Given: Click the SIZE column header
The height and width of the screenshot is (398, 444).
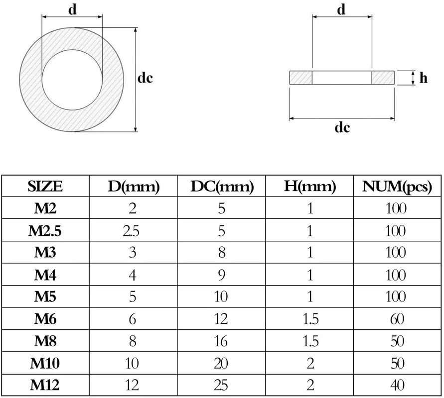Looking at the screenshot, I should pyautogui.click(x=45, y=187).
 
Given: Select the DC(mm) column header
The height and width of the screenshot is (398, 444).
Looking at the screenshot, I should pyautogui.click(x=222, y=187).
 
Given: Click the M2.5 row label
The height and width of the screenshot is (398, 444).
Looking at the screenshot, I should pyautogui.click(x=46, y=231).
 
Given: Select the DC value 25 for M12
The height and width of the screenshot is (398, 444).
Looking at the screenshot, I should pyautogui.click(x=221, y=384).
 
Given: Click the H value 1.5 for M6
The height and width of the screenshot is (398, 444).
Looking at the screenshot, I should pyautogui.click(x=310, y=319).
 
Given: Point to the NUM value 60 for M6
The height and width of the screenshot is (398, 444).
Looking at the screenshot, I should pyautogui.click(x=397, y=319).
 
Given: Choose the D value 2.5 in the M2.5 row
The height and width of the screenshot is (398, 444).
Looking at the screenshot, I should pyautogui.click(x=133, y=231).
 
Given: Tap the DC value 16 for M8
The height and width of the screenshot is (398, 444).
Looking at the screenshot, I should pyautogui.click(x=221, y=341).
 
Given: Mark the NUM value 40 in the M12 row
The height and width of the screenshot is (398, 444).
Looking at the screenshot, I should pyautogui.click(x=397, y=384).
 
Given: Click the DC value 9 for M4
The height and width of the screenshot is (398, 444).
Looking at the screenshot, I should pyautogui.click(x=222, y=275).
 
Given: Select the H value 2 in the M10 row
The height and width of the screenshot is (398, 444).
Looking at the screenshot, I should pyautogui.click(x=310, y=363).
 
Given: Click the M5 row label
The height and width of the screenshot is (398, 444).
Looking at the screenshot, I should pyautogui.click(x=45, y=297).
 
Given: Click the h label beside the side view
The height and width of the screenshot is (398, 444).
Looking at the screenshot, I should pyautogui.click(x=424, y=78).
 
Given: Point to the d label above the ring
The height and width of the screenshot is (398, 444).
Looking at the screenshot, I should pyautogui.click(x=73, y=10).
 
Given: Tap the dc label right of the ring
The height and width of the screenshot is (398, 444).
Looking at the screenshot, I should pyautogui.click(x=145, y=78).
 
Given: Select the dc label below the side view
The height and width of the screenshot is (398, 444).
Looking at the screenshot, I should pyautogui.click(x=342, y=127).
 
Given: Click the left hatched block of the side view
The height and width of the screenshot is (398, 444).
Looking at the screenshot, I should pyautogui.click(x=300, y=78).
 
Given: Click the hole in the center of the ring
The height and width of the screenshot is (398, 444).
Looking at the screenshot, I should pyautogui.click(x=72, y=80).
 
